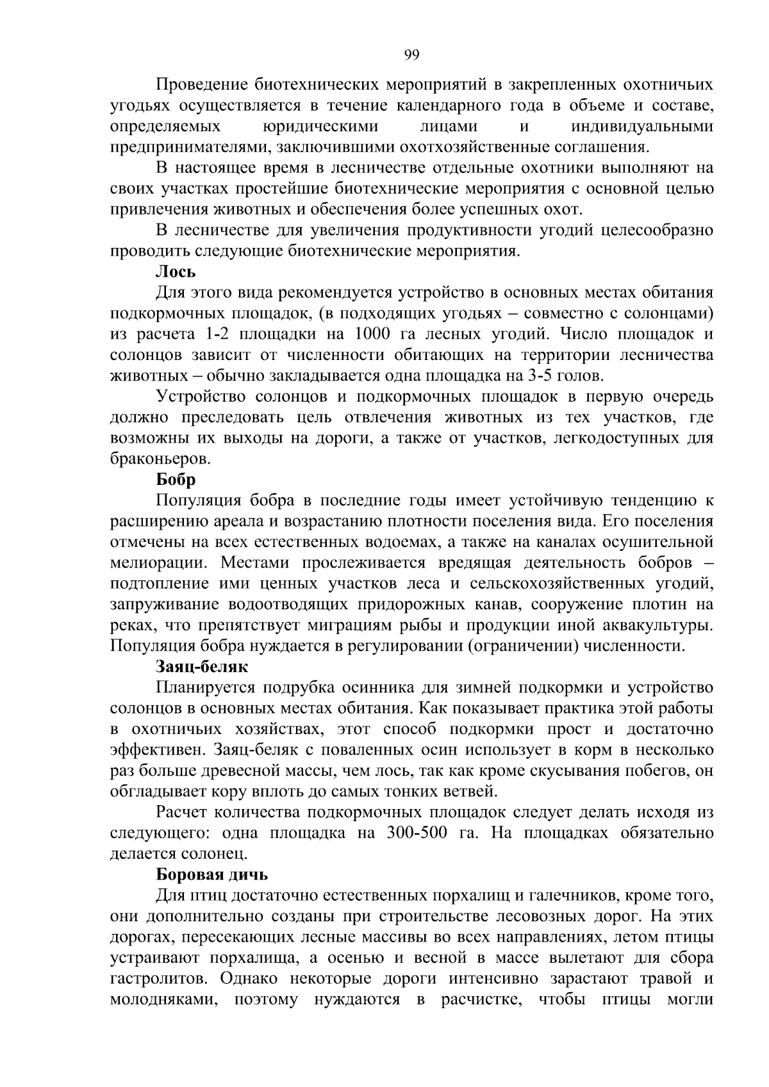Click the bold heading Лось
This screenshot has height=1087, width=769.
(x=176, y=272)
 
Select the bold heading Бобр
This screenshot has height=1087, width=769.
(x=176, y=480)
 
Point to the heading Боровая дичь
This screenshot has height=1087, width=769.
(x=212, y=874)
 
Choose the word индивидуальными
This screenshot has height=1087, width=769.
(x=642, y=127)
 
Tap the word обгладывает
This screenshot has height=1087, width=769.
(x=153, y=792)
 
